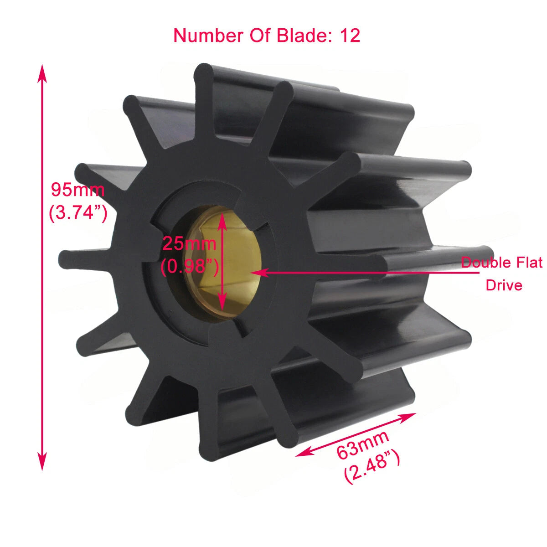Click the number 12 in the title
pos(350,36)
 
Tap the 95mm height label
pos(77,190)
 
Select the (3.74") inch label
pos(78,212)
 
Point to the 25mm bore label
pos(189,244)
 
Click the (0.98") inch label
pos(190,267)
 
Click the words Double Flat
pos(501,263)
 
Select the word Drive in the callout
pos(504,285)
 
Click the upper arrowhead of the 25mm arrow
pos(222,218)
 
